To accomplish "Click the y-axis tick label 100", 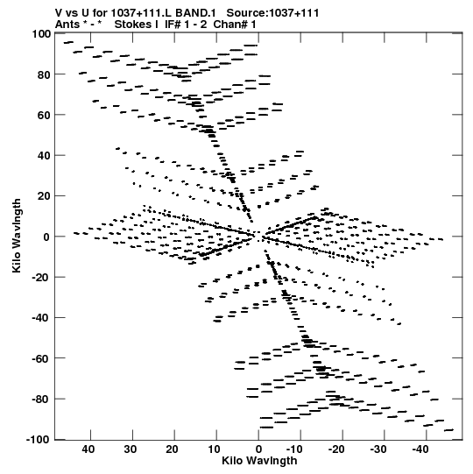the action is click(x=41, y=33).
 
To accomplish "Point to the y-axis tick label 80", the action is click(x=44, y=74).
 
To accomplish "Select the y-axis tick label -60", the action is click(x=41, y=359).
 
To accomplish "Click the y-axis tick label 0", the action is click(x=46, y=237).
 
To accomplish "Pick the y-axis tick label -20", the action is click(x=41, y=278).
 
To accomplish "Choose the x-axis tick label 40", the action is click(x=88, y=449).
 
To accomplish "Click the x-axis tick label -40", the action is click(x=420, y=449).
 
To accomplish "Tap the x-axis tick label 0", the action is click(x=258, y=449).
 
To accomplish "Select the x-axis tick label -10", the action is click(x=294, y=449).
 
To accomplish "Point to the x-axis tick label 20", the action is click(x=172, y=449).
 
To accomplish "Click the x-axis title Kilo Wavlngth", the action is click(x=259, y=461).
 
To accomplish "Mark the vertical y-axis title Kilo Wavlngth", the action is click(x=17, y=236).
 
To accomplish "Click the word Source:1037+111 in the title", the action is click(x=272, y=13).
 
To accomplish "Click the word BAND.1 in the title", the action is click(x=196, y=13).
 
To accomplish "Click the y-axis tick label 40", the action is click(x=44, y=156).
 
